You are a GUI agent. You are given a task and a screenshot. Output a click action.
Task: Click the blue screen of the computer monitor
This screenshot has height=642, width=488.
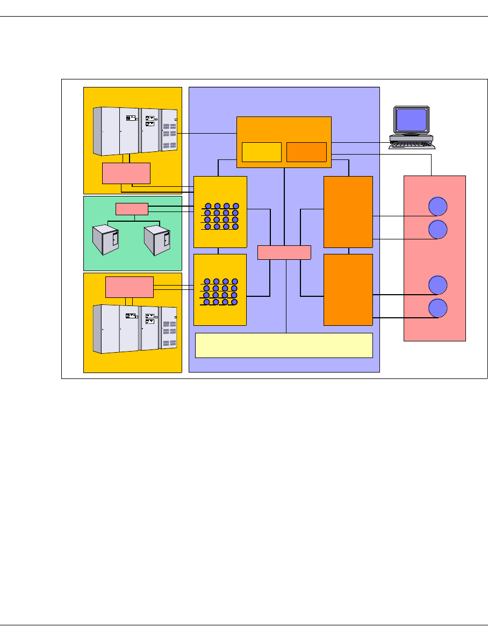coord(411,120)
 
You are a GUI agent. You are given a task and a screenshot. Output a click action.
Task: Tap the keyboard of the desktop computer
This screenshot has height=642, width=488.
coord(412,144)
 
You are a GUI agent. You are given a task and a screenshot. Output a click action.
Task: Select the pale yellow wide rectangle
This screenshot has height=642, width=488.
coord(284,345)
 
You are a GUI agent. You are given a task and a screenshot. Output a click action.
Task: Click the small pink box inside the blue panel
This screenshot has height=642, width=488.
coord(284,252)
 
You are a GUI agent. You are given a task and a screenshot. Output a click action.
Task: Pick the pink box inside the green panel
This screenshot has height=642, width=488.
coord(132,209)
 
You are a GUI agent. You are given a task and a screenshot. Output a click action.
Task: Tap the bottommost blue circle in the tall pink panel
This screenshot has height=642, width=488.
coord(438,308)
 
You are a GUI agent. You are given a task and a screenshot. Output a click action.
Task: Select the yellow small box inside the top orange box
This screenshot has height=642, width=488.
coord(261,152)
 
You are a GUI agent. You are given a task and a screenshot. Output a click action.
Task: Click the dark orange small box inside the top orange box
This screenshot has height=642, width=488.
coord(306,152)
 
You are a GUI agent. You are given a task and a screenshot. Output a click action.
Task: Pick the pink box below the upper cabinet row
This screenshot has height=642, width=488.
coord(126,173)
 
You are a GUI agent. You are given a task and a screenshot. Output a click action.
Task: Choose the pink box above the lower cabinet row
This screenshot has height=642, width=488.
coord(130,287)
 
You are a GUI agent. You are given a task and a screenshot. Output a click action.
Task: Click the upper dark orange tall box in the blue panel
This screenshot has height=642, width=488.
coord(348,211)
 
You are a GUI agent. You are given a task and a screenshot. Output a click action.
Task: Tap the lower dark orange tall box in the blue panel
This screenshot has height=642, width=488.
coord(348,289)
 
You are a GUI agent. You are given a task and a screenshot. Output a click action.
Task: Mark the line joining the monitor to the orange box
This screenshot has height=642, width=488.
coord(360,142)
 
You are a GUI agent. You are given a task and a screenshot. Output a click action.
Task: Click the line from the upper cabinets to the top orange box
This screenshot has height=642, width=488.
coord(207,133)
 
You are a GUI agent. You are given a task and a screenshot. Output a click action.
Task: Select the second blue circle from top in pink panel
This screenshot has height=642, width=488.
coord(438,229)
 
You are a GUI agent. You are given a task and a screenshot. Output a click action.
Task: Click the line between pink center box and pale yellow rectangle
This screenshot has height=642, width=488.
coord(286,296)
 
